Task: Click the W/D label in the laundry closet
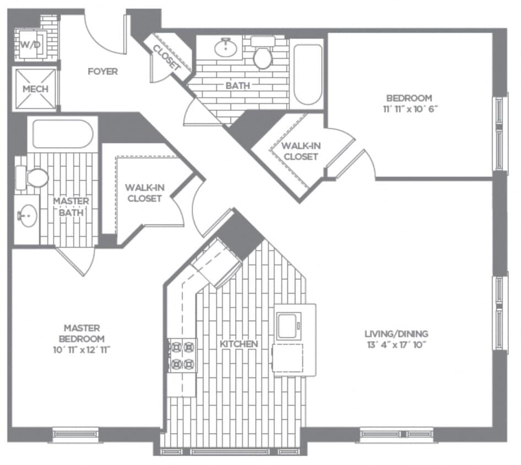(31, 45)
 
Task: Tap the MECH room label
(35, 89)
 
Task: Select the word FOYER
(102, 72)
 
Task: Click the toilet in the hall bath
(263, 55)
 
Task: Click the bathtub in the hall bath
(307, 74)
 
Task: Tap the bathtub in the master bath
(62, 134)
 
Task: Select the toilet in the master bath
(34, 177)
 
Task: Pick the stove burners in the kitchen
(182, 355)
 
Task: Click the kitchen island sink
(289, 325)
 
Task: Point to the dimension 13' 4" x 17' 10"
(396, 345)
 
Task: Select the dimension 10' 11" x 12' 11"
(83, 349)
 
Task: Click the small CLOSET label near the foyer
(166, 57)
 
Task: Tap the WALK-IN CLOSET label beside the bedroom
(300, 151)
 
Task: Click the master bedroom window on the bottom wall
(75, 434)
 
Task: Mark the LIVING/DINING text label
(396, 333)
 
